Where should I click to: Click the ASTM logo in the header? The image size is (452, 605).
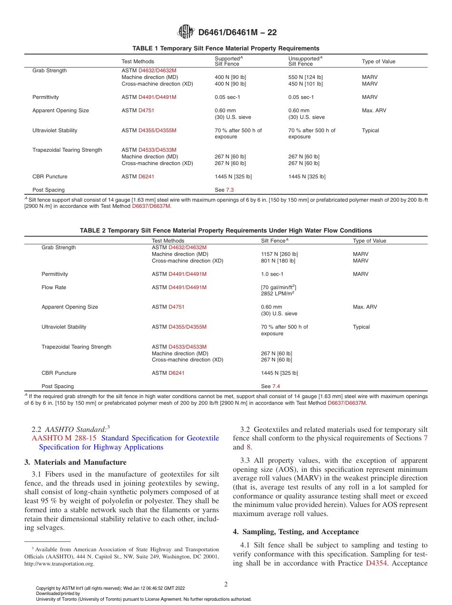point(186,32)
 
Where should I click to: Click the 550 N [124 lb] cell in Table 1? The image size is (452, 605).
point(305,77)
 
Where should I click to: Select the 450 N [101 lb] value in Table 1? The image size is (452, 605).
point(305,84)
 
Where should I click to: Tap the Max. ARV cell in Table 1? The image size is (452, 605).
point(374,110)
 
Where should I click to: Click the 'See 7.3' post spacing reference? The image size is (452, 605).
point(224,190)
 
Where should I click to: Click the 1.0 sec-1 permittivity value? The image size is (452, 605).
point(272,274)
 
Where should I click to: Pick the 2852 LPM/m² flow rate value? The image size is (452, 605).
point(277,293)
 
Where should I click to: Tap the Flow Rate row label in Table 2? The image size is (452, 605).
point(54,287)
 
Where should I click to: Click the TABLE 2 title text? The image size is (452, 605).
point(226,230)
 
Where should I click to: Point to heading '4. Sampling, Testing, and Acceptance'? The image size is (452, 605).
point(300,531)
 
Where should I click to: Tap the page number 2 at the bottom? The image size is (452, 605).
point(226,584)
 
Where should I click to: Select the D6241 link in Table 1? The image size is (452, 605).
point(146,176)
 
